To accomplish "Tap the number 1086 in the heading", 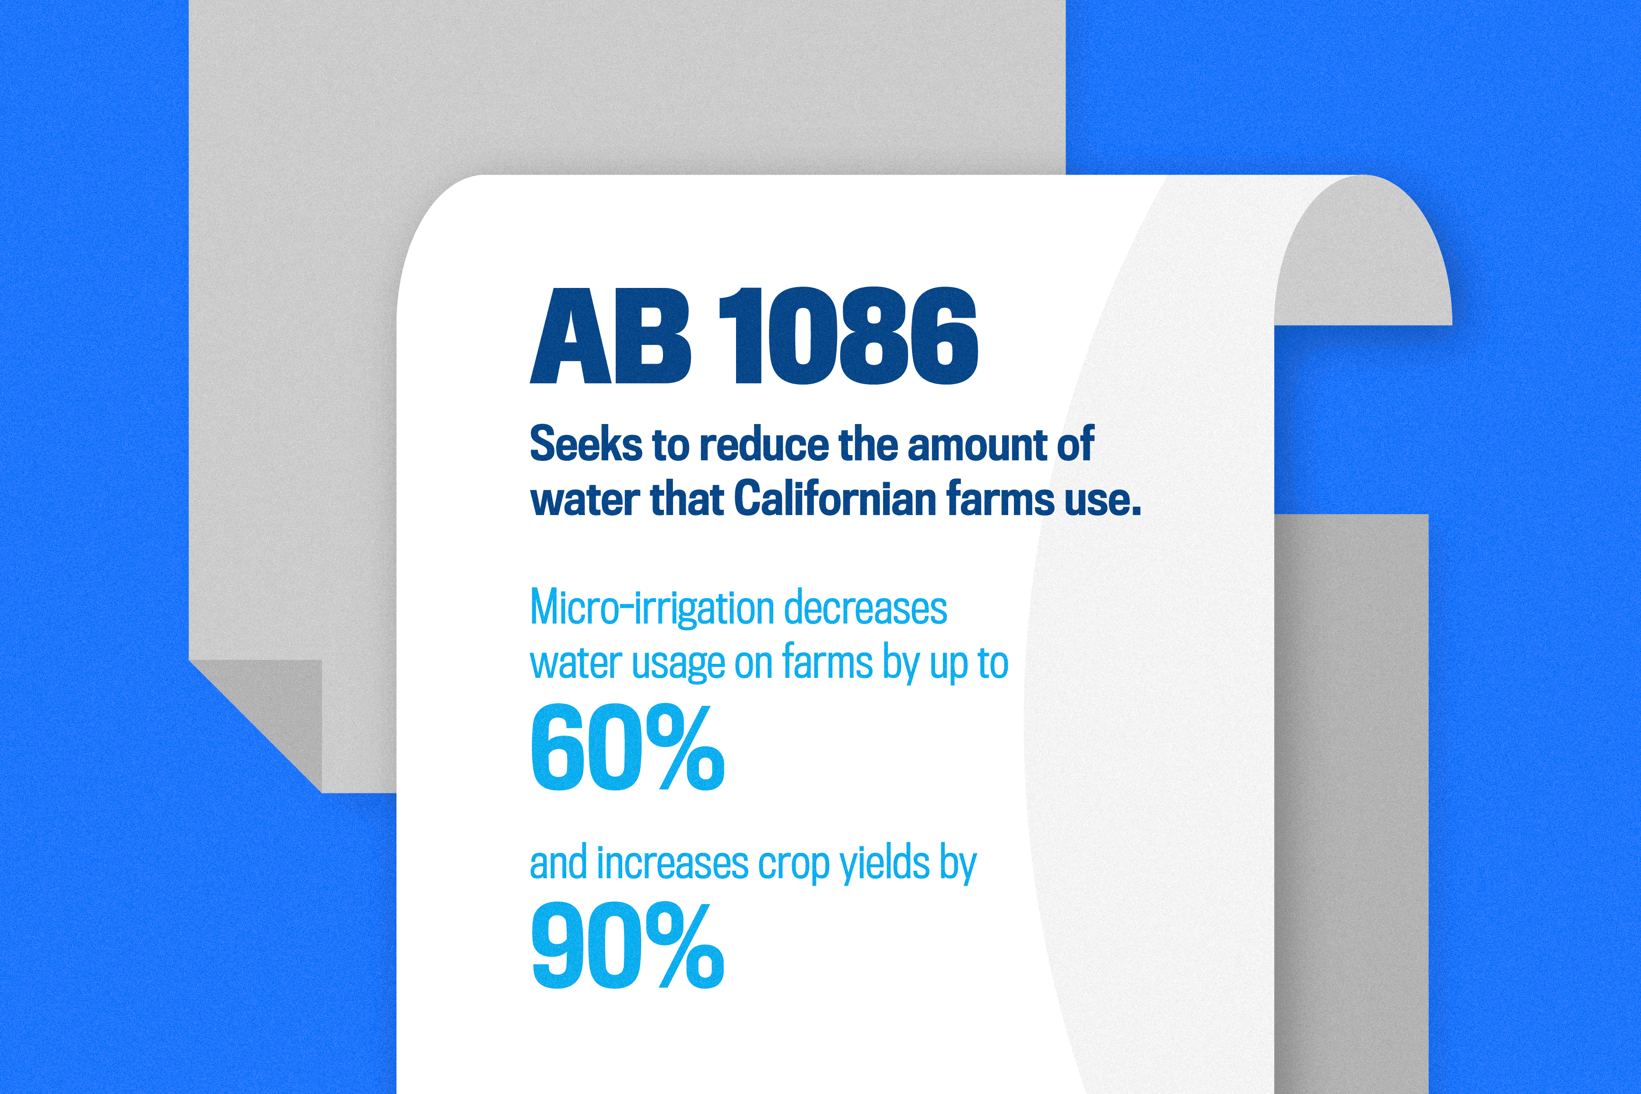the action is (848, 336).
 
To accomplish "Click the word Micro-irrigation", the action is (652, 608).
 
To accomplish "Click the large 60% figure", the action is (627, 747).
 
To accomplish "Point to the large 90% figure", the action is (627, 945).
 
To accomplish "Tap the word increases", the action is (673, 864).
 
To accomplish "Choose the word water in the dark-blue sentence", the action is (585, 500).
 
